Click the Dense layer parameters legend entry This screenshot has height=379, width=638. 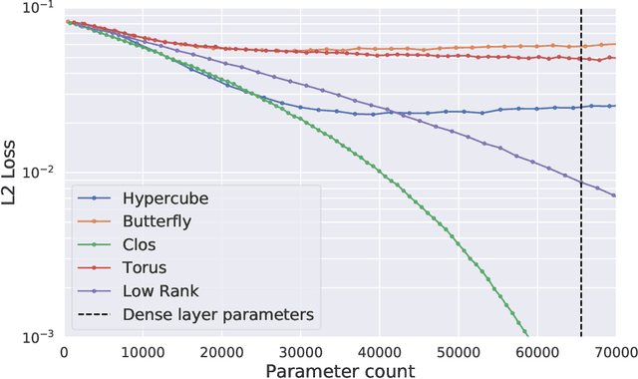(218, 314)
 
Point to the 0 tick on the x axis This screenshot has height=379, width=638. (64, 351)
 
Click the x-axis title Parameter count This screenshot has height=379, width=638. (340, 369)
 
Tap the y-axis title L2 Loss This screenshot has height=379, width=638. (11, 172)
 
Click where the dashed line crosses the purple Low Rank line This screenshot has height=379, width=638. (581, 181)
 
